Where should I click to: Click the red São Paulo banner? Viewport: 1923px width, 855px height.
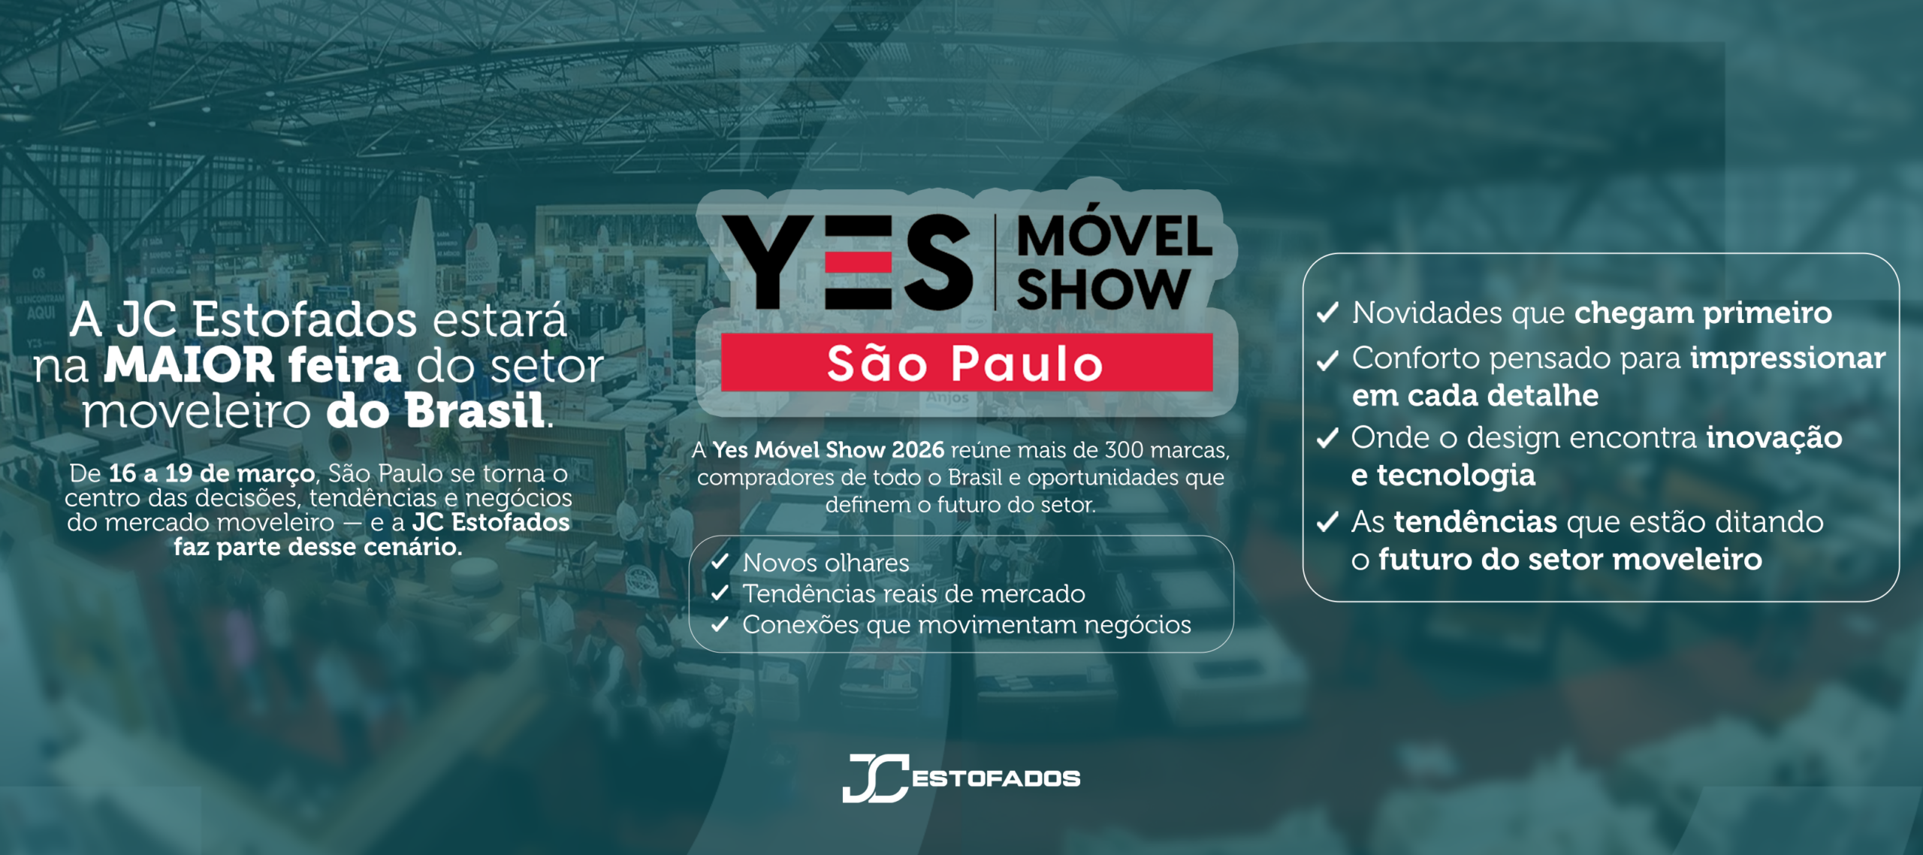click(967, 362)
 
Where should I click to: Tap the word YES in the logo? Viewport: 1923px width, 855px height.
click(847, 261)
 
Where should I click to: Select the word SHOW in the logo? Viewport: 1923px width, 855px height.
click(1103, 289)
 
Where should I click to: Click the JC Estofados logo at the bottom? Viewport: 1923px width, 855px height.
click(961, 778)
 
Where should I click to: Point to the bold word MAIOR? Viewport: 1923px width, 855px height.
click(189, 365)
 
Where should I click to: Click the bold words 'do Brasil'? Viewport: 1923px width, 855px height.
click(436, 411)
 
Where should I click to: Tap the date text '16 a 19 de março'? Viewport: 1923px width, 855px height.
click(212, 473)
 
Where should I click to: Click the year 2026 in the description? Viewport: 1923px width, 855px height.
click(918, 449)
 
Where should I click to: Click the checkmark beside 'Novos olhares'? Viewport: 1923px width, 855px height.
click(720, 561)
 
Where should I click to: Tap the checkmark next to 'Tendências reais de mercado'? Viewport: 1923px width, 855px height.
click(720, 593)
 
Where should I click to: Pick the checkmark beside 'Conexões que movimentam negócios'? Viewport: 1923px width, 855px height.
click(720, 624)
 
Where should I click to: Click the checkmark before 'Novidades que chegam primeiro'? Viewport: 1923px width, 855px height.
click(1328, 312)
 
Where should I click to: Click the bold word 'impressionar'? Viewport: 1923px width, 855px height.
click(1788, 359)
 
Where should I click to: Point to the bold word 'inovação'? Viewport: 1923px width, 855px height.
click(1774, 438)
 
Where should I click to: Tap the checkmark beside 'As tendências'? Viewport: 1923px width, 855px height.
click(1328, 521)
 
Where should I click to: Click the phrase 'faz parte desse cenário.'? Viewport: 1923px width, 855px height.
click(318, 546)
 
